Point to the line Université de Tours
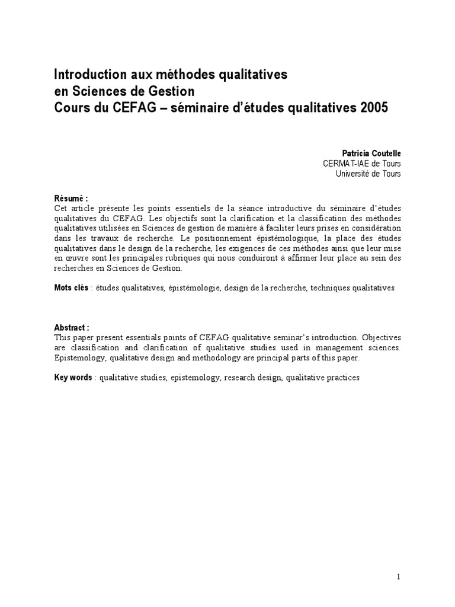point(368,174)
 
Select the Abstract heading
point(72,328)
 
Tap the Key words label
point(73,378)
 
